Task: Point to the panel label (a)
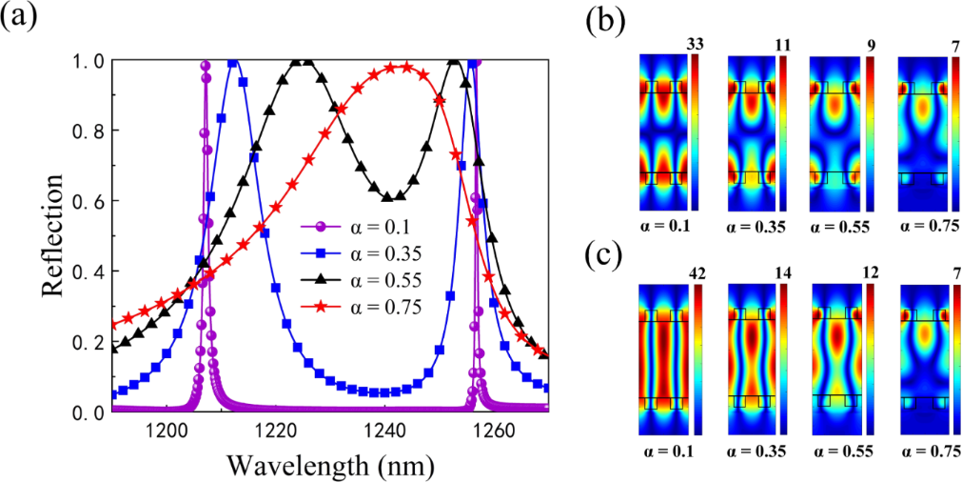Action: [21, 18]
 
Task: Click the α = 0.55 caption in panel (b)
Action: [837, 226]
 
